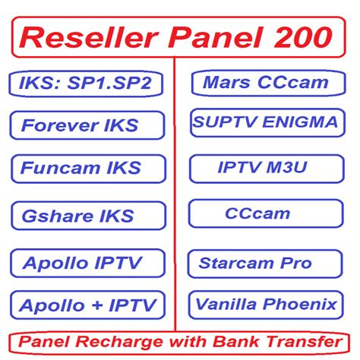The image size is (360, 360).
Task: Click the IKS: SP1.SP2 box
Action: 87,83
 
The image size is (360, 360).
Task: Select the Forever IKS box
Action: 87,125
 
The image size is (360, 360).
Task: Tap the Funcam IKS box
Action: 87,168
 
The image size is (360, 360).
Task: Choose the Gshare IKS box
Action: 87,216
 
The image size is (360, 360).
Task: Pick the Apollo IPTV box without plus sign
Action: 87,264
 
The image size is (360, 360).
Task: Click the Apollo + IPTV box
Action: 87,306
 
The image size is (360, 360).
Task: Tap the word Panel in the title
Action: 213,35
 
